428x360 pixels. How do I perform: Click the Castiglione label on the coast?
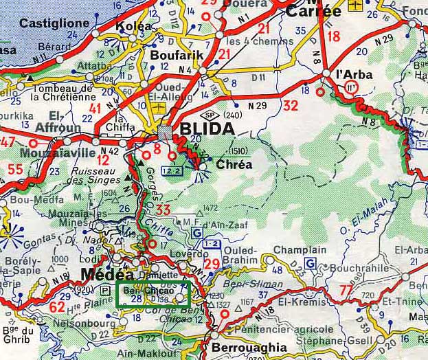tap(54, 23)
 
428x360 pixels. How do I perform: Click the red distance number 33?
tap(163, 209)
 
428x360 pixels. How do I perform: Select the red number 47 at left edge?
tap(8, 142)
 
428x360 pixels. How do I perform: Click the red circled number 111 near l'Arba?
tap(352, 87)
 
